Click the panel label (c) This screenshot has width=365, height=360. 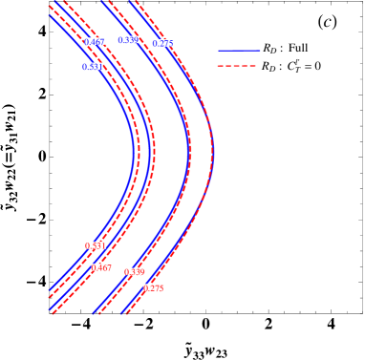pos(327,21)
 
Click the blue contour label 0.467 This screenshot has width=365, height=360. pos(95,42)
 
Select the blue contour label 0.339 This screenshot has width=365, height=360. pos(128,40)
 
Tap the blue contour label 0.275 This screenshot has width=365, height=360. pos(162,43)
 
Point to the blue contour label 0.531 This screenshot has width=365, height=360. pos(93,67)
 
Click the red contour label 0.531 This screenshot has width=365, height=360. pos(96,245)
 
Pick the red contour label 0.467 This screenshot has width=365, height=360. pos(101,267)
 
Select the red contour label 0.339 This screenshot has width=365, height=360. pos(135,272)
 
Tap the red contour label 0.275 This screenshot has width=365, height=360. pos(153,287)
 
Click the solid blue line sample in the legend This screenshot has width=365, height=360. pos(239,50)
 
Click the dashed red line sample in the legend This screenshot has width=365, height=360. pos(239,67)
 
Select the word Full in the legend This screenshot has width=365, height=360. pos(298,49)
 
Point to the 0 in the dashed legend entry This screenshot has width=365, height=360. pos(317,67)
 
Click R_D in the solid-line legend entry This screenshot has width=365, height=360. pos(269,49)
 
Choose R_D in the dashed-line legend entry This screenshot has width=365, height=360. pos(269,67)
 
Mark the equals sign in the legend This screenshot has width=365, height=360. pos(307,67)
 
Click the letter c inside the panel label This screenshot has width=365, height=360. pos(327,21)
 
